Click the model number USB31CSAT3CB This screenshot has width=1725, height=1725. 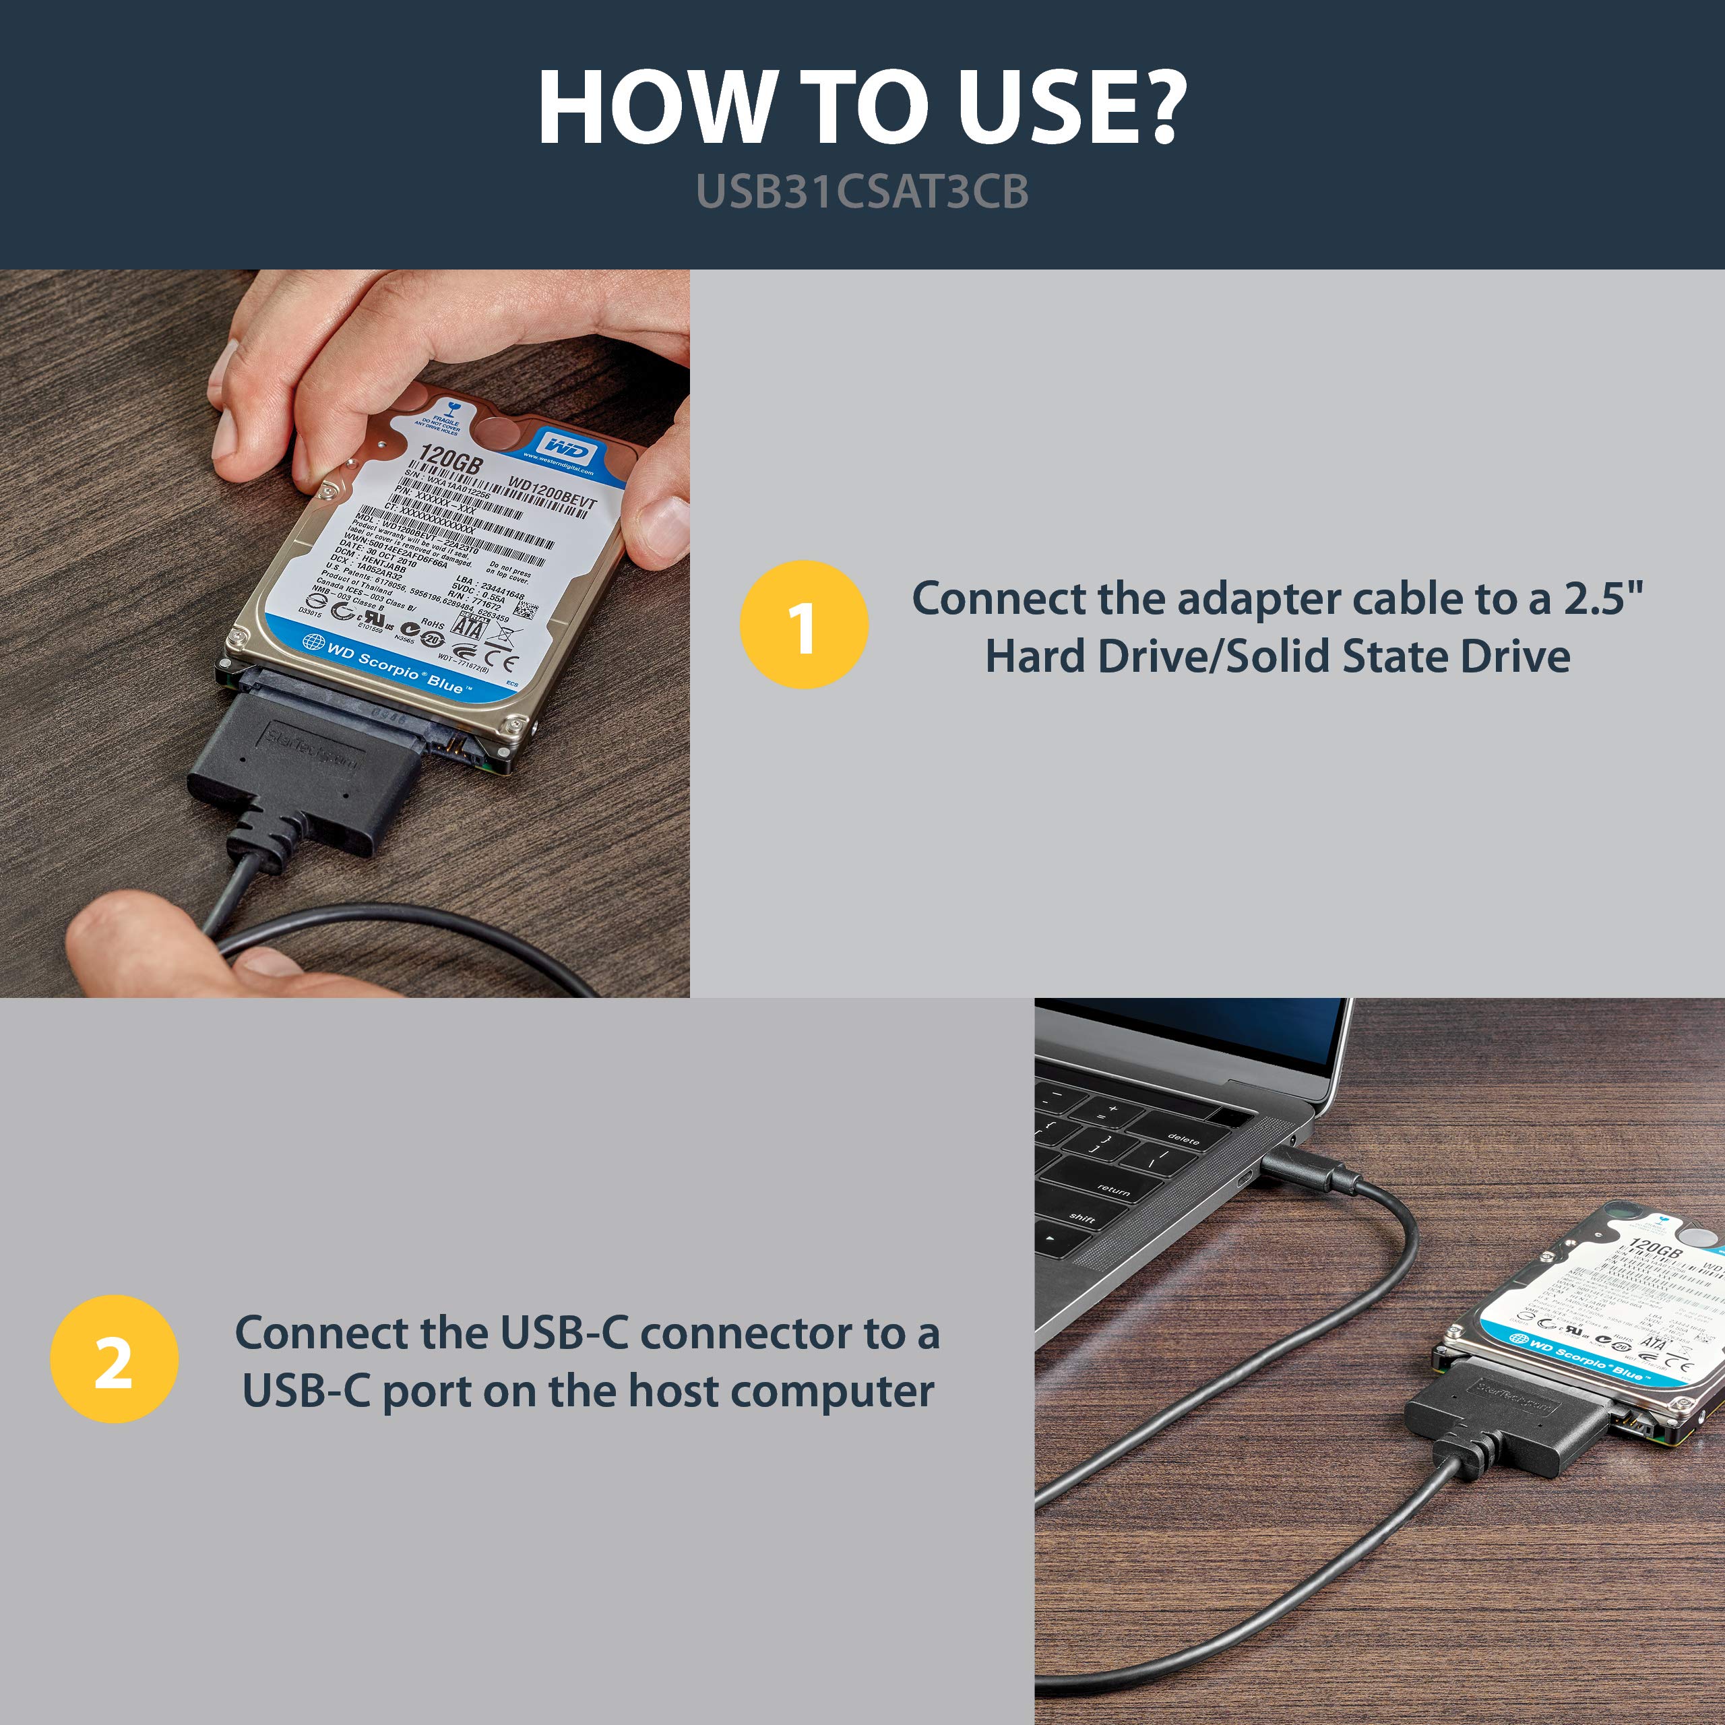tap(862, 192)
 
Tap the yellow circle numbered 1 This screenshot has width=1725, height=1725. tap(804, 624)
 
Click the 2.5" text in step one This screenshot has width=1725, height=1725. tap(1602, 599)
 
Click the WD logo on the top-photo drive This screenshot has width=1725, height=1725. tap(566, 447)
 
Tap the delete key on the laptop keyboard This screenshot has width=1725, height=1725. tap(1183, 1139)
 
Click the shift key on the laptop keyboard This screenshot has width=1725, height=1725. tap(1081, 1218)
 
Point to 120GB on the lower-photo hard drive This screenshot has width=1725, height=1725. tap(1654, 1248)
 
